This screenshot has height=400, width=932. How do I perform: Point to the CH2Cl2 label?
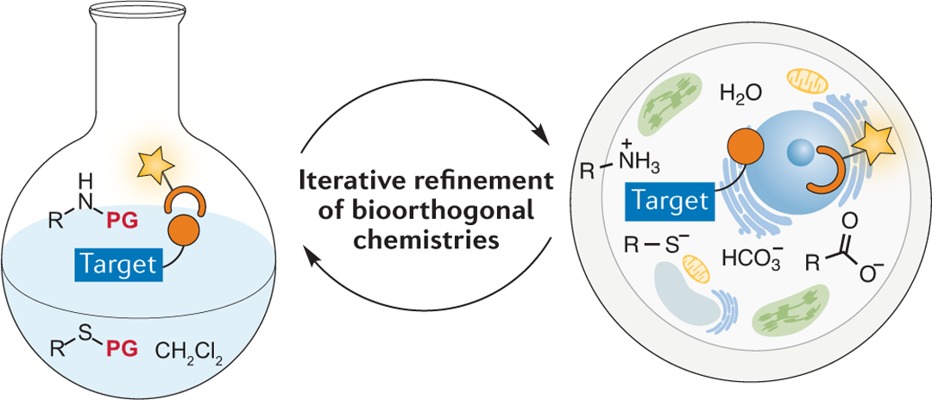point(189,352)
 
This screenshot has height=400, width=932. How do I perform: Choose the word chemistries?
point(425,239)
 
